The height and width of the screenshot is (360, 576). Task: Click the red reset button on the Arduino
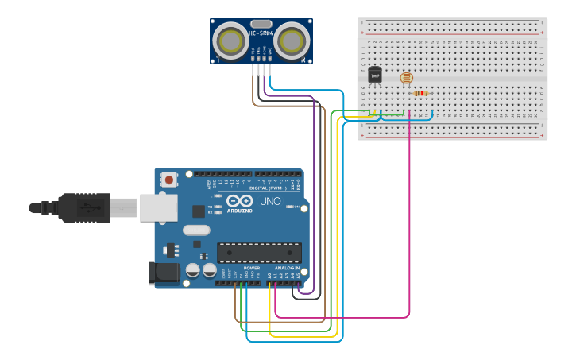point(169,180)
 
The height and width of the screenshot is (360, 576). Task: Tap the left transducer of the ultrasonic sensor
point(232,40)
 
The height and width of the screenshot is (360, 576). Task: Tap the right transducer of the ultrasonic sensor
point(292,40)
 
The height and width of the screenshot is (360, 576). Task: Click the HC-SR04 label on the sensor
point(261,33)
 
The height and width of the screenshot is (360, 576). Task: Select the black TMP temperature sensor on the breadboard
point(375,75)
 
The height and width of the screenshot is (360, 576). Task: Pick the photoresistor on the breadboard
point(406,78)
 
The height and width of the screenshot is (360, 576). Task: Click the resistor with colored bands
point(420,93)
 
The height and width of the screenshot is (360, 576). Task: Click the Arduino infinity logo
point(239,201)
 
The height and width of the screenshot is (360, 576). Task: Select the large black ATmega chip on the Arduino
point(259,253)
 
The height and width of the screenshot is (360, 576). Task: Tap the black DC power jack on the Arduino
point(164,273)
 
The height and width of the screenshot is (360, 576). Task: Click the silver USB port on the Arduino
point(158,207)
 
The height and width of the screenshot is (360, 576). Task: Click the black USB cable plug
point(84,207)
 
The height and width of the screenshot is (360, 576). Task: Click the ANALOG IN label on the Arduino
point(287,269)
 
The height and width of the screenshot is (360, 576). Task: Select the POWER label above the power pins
point(251,269)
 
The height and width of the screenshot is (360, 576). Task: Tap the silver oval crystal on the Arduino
point(196,230)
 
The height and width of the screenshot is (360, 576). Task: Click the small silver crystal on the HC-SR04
point(261,24)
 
